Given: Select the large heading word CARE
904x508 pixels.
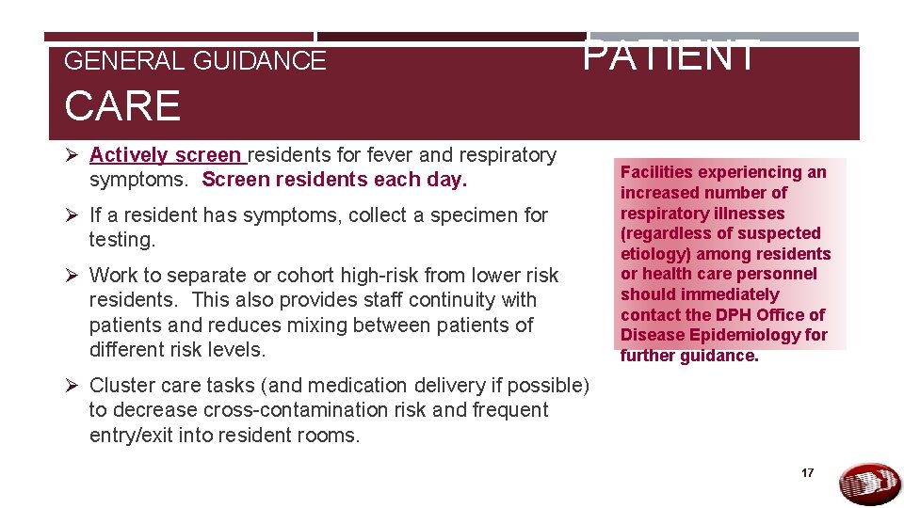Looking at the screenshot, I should (x=122, y=105).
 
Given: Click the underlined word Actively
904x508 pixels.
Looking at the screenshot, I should (x=129, y=154).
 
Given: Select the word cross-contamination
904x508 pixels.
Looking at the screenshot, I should (x=299, y=410).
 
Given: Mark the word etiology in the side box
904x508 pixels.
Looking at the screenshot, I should (x=652, y=254).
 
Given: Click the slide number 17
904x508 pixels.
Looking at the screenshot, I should (x=807, y=473).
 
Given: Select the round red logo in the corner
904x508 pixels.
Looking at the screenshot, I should (x=869, y=484).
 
